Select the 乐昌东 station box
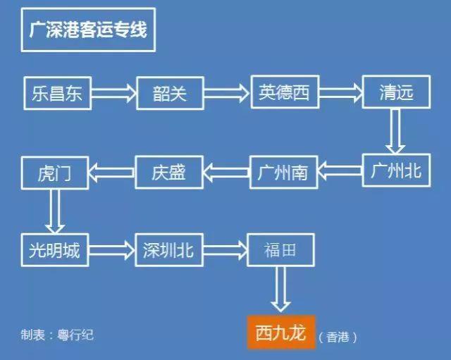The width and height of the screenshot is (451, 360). tap(57, 92)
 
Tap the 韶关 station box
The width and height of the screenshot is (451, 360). tap(169, 92)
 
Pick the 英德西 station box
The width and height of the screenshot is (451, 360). tap(283, 92)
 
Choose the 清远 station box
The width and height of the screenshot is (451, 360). tap(395, 92)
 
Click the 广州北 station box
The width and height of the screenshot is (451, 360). tap(395, 170)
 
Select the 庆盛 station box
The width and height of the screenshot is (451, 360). tap(169, 171)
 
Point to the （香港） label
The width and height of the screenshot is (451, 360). tap(338, 337)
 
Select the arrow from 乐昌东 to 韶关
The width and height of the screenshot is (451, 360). tap(113, 92)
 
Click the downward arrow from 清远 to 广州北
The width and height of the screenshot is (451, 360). tap(395, 131)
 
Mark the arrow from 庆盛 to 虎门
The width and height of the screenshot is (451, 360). tap(112, 171)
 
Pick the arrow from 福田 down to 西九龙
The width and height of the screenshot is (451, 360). tap(280, 289)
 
